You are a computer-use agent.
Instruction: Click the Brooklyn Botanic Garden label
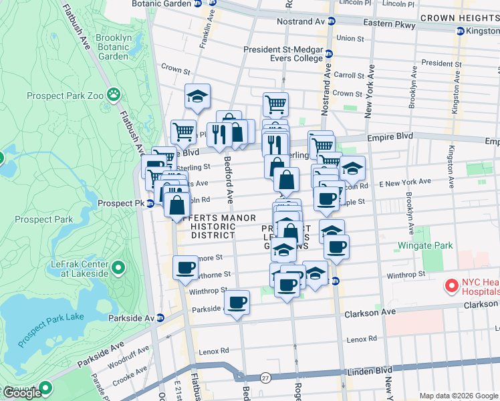(x=112, y=47)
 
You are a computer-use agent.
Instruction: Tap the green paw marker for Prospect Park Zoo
(x=113, y=95)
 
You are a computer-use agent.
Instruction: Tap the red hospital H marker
(x=451, y=286)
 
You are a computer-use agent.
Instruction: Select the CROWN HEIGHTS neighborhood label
(x=458, y=18)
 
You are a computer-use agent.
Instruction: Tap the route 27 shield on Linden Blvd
(x=265, y=378)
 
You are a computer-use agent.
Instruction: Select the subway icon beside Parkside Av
(x=160, y=317)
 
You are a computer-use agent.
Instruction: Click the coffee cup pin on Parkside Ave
(x=236, y=302)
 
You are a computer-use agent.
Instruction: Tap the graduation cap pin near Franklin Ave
(x=197, y=96)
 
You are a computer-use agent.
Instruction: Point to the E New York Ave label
(x=405, y=182)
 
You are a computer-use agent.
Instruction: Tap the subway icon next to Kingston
(x=460, y=31)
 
